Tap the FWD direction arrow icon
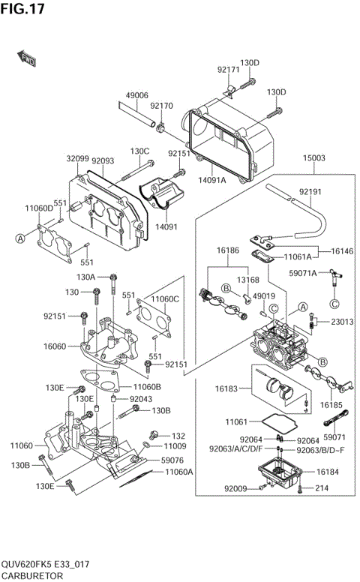point(27,58)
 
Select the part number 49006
point(136,96)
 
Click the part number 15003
point(313,158)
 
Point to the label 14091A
point(212,179)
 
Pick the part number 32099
point(77,159)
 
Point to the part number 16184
point(328,472)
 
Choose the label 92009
point(235,488)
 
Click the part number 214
point(322,488)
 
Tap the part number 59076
point(172,460)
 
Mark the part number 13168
point(248,280)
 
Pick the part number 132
point(178,435)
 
